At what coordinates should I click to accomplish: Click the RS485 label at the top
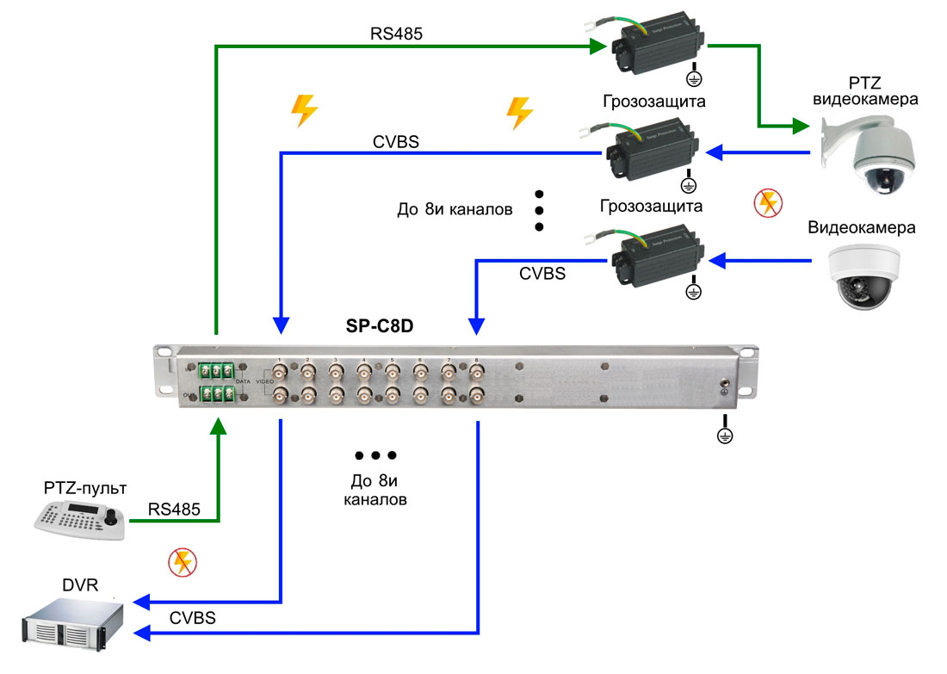[396, 34]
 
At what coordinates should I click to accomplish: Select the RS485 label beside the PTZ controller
[174, 509]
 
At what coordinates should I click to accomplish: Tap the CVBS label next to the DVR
[192, 617]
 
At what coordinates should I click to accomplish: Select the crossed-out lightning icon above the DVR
[182, 562]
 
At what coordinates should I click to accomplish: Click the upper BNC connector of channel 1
[281, 372]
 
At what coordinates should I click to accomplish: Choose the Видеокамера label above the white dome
[861, 228]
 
